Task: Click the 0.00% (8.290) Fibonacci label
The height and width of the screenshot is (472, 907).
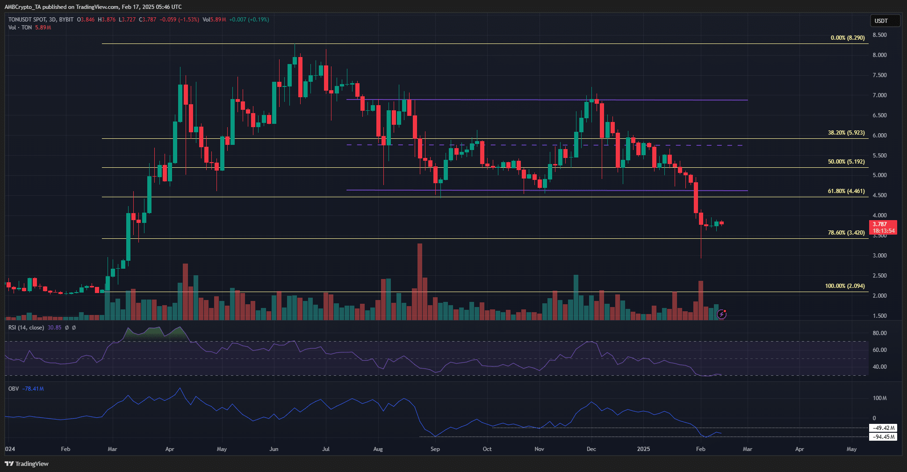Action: coord(848,38)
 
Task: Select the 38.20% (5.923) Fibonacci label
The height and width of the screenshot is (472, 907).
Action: coord(846,133)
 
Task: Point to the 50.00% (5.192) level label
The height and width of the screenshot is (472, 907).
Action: coord(846,162)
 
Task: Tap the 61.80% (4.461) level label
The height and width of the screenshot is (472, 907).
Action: coord(846,191)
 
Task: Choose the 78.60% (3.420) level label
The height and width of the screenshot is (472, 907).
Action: coord(846,233)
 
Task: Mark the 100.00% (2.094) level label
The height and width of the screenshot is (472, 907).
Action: coord(845,286)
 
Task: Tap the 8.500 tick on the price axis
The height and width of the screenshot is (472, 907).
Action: coord(879,35)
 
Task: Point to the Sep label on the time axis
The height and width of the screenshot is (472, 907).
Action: coord(435,449)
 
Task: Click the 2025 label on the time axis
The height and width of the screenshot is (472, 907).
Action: coord(643,449)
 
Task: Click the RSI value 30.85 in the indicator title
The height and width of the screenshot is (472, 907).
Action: coord(54,328)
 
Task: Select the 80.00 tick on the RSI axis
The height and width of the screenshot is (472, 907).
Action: coord(879,333)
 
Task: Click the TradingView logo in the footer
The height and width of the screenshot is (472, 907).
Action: coord(27,464)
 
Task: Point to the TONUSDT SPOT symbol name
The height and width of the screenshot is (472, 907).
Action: coord(27,20)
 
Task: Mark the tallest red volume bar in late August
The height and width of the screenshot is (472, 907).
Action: coord(420,280)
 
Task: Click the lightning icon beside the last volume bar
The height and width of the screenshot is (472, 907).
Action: coord(722,314)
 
